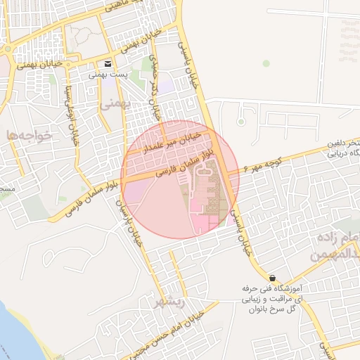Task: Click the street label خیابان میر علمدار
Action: coord(172,141)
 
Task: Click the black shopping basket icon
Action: coord(272,278)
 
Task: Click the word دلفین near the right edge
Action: coord(345,143)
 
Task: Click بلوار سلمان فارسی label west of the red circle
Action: coord(77,200)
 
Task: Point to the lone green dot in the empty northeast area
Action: coord(266,63)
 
